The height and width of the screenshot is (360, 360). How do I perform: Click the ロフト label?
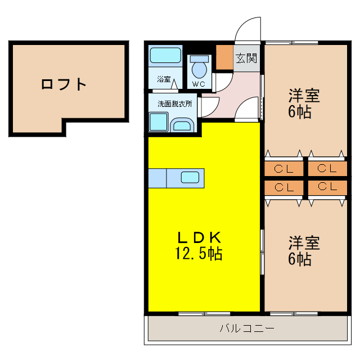pos(64,85)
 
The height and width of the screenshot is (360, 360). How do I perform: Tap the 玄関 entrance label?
pos(246,57)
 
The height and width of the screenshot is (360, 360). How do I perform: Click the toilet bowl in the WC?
pos(199,70)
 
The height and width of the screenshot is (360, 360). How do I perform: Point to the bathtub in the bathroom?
pos(165,56)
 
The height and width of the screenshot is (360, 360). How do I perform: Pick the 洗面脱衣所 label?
pos(174,103)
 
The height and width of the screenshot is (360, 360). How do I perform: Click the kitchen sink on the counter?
pos(190,178)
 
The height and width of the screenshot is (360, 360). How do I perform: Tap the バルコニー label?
pos(247,328)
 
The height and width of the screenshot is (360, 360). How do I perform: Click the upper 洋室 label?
pos(304,95)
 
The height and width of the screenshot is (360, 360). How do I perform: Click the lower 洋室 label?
pos(304,243)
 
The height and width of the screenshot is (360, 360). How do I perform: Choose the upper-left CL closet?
pos(284,168)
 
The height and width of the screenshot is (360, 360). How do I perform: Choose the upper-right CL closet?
pos(326,168)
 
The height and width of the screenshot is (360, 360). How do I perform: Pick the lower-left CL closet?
pos(284,187)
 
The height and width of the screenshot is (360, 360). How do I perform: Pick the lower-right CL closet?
pos(326,187)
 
